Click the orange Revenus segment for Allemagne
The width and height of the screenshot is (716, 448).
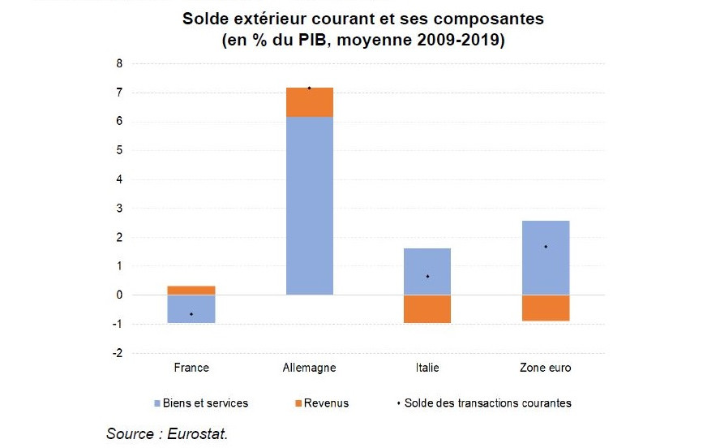click(310, 102)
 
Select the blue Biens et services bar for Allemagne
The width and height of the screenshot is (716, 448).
click(310, 205)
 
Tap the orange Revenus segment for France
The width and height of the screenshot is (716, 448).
click(191, 290)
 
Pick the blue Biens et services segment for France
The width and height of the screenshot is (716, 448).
click(191, 308)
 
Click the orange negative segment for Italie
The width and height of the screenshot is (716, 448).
click(427, 308)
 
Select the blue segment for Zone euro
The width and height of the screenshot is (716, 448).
click(545, 257)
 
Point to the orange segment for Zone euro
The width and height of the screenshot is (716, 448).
click(545, 308)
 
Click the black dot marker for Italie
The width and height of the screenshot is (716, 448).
click(427, 276)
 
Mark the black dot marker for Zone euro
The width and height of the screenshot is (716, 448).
click(545, 247)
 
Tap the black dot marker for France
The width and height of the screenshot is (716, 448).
click(191, 314)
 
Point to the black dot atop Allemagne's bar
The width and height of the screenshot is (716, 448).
click(310, 88)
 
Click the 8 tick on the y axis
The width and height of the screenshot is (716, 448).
click(118, 63)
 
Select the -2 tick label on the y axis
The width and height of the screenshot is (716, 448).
click(117, 353)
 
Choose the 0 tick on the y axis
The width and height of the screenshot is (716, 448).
click(118, 295)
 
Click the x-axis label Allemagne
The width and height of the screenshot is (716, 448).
click(310, 368)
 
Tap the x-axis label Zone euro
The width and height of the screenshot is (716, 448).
click(545, 368)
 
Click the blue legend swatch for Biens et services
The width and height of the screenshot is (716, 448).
click(156, 403)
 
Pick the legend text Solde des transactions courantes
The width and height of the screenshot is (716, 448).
click(487, 403)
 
